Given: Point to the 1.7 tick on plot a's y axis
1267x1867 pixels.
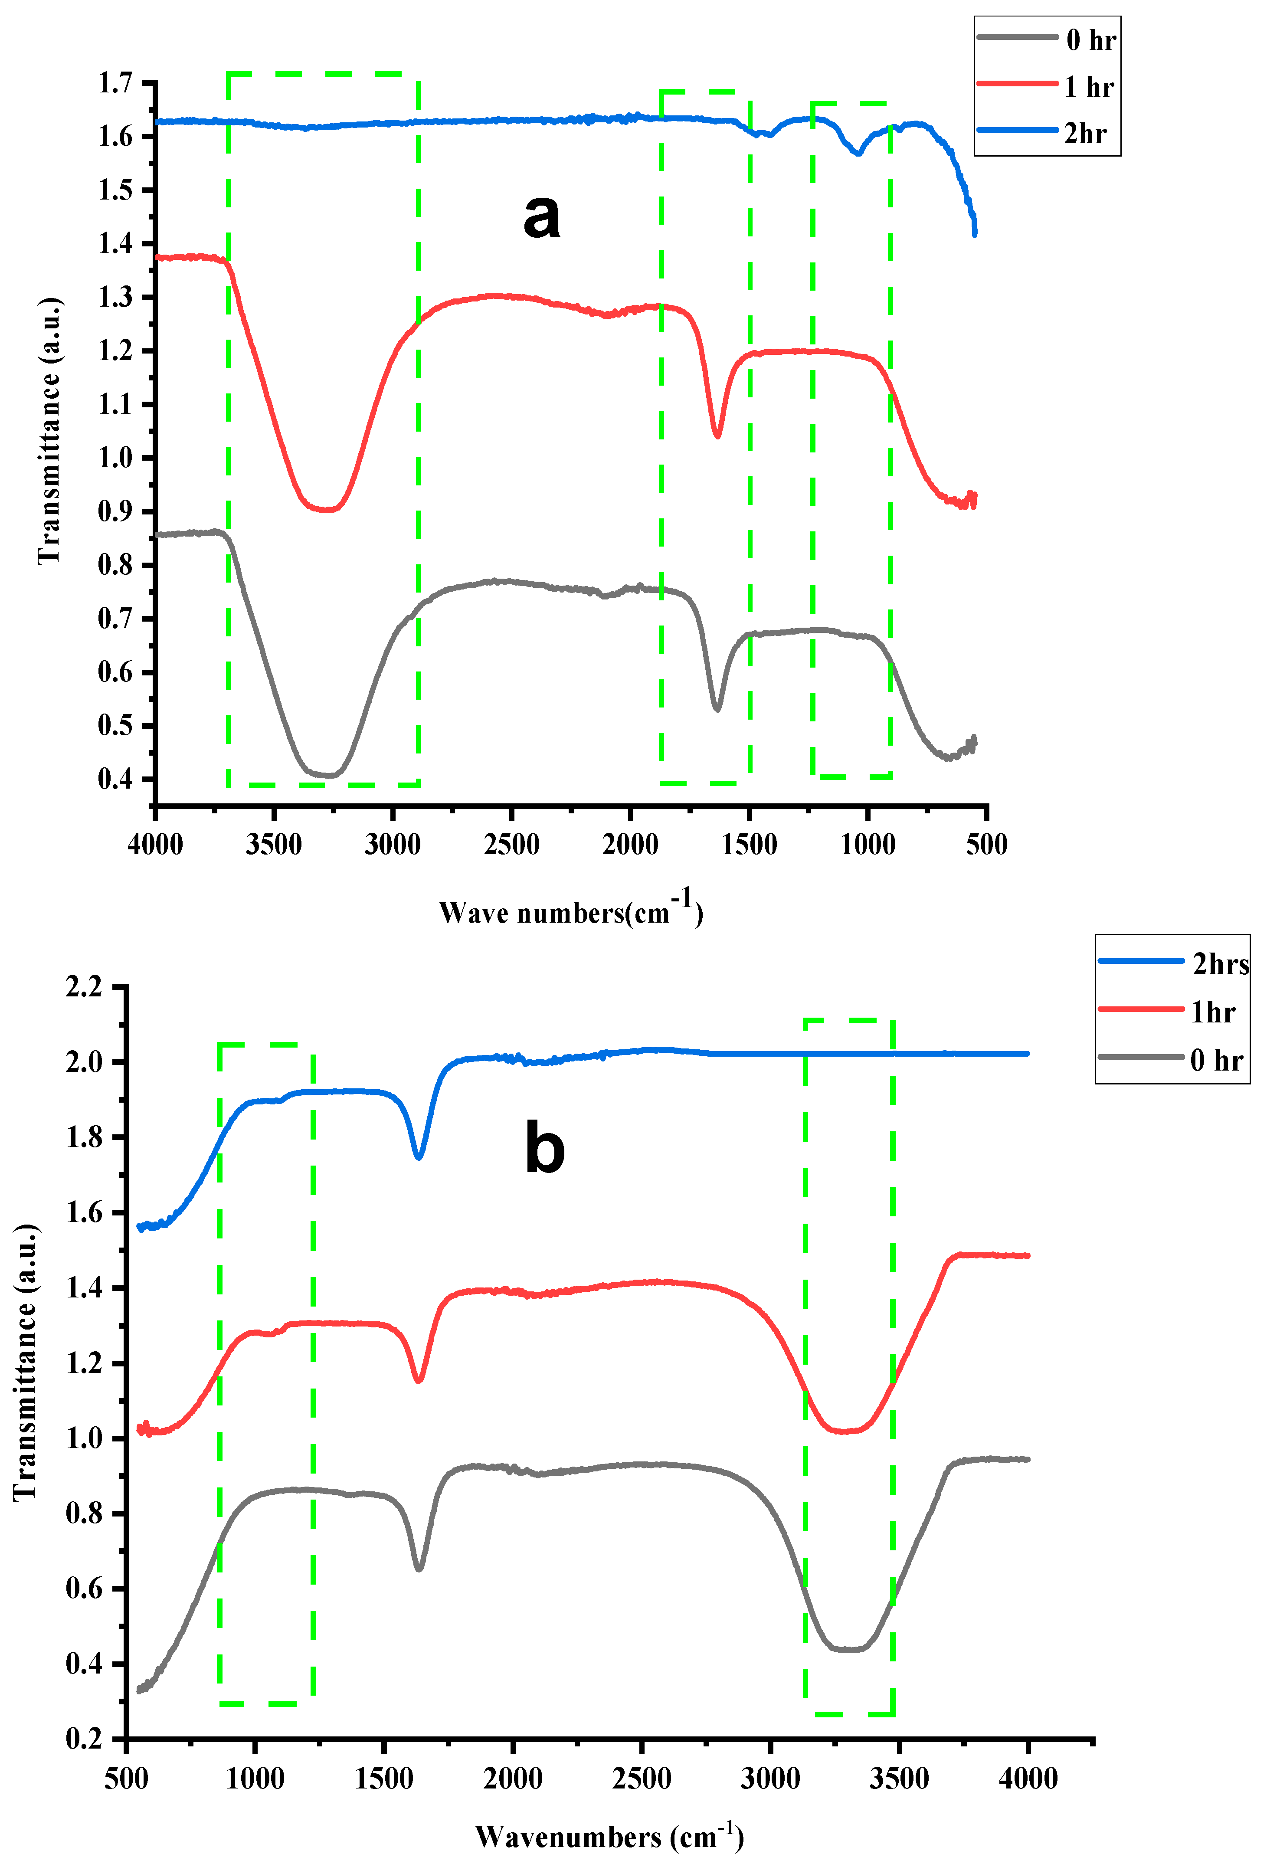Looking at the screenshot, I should pyautogui.click(x=115, y=83).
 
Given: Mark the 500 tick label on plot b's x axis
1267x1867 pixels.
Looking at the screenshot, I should pyautogui.click(x=126, y=1779).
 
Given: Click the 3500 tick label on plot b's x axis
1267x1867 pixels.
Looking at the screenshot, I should pyautogui.click(x=899, y=1779).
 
